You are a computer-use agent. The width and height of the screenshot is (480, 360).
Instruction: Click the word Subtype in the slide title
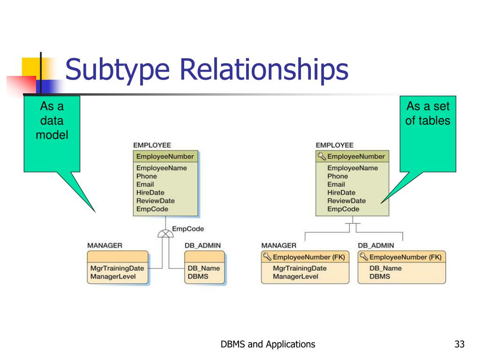(x=117, y=70)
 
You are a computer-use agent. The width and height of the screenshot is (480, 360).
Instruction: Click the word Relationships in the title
(x=264, y=70)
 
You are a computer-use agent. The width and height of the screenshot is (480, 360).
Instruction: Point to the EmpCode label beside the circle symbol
(x=188, y=229)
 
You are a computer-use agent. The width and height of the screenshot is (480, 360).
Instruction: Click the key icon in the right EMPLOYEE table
(x=322, y=157)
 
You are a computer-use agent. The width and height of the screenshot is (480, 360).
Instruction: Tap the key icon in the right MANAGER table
(x=267, y=257)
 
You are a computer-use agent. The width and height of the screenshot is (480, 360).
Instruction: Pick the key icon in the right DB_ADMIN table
(x=364, y=257)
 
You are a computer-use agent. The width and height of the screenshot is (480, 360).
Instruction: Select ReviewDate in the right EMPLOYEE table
(x=346, y=201)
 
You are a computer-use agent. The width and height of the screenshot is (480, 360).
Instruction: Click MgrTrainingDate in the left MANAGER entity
(x=117, y=269)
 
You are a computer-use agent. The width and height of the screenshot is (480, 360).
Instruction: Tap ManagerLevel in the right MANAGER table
(x=295, y=277)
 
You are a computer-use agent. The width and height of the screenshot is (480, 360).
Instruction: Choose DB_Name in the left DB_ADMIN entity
(x=203, y=269)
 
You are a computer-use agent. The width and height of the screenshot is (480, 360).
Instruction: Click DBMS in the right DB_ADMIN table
(x=380, y=277)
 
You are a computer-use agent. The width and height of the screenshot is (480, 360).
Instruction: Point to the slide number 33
(x=459, y=345)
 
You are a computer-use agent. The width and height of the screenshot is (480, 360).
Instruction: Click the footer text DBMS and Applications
(x=268, y=345)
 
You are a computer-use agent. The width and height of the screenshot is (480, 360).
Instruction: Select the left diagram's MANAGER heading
(x=105, y=245)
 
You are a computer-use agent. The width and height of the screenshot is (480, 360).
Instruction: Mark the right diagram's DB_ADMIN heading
(x=376, y=245)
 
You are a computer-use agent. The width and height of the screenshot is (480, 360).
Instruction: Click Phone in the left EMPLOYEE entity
(x=147, y=176)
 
